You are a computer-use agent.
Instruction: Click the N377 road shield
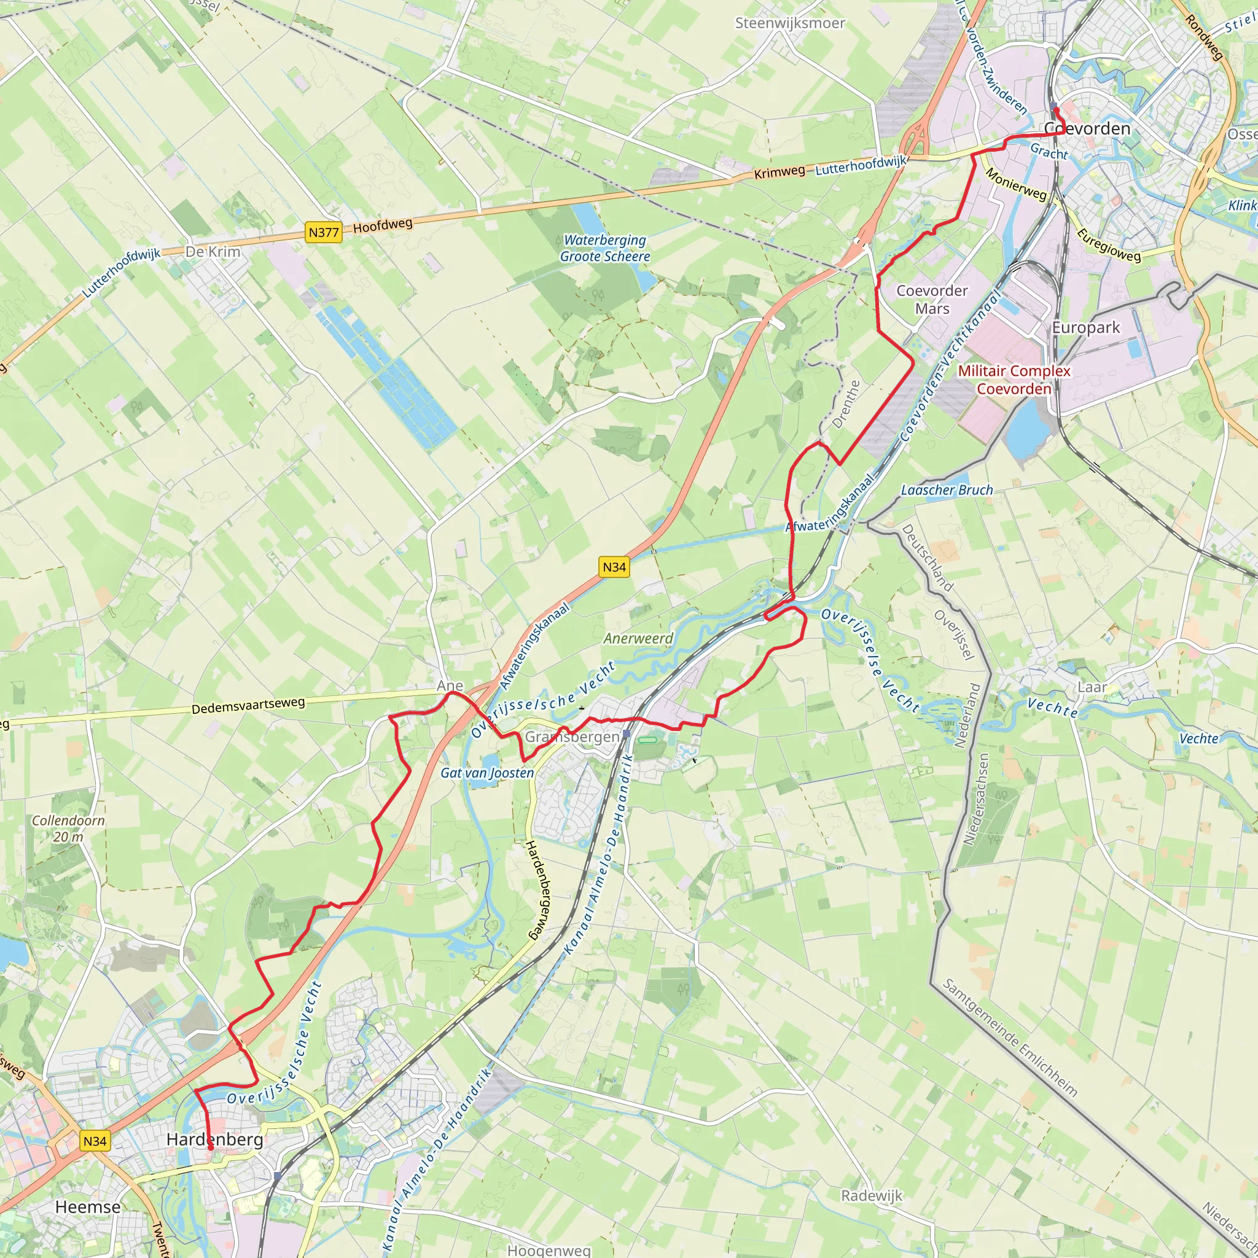coord(324,232)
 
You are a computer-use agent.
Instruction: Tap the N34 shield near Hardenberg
coord(95,1141)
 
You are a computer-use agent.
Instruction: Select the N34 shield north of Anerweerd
coord(614,566)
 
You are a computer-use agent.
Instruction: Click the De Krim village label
coord(213,251)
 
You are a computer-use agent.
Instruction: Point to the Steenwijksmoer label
coord(790,23)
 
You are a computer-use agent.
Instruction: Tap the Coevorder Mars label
coord(932,300)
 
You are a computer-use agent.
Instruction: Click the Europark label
coord(1086,327)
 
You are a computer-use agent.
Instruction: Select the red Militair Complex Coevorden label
coord(1014,380)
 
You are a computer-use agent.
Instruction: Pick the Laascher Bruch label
coord(947,490)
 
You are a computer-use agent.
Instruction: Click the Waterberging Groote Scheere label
coord(605,248)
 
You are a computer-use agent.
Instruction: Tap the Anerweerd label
coord(638,638)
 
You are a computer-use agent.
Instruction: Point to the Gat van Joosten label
coord(487,773)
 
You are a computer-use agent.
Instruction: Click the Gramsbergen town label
coord(572,736)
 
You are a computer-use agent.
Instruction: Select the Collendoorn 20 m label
coord(68,828)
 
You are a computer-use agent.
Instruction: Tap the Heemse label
coord(88,1206)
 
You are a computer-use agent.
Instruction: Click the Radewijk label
coord(872,1195)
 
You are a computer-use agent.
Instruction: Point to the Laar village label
coord(1092,687)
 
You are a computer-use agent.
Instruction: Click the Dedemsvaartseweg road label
coord(248,705)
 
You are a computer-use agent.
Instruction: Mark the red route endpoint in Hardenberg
coord(210,1148)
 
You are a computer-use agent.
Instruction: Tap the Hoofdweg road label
coord(383,225)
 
